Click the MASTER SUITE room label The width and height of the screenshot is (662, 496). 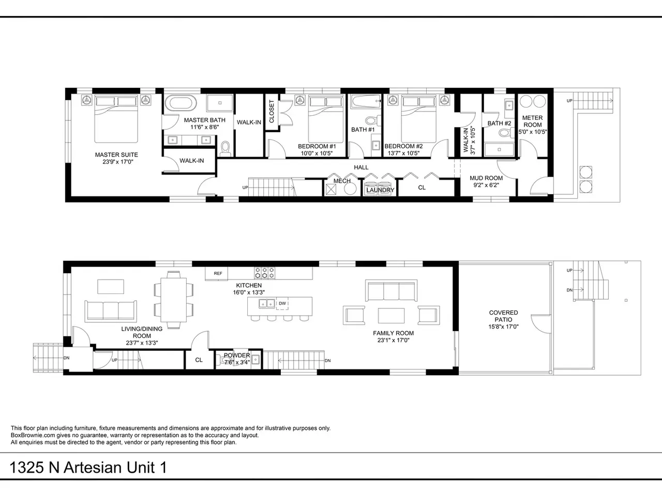(116, 155)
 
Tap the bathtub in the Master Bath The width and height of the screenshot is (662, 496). (180, 103)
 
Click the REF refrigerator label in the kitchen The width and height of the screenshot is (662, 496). (218, 273)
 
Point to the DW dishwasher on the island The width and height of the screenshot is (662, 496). (282, 303)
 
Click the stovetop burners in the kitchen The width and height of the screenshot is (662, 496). (264, 273)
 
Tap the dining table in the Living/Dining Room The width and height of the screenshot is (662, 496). (173, 300)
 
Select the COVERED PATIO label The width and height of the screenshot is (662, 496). (503, 316)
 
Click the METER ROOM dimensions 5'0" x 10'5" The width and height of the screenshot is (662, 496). (533, 132)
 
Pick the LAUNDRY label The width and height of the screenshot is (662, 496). (380, 190)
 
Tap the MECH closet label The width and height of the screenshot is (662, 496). (342, 181)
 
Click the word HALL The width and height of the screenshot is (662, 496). (361, 167)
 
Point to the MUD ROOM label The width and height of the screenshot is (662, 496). (486, 178)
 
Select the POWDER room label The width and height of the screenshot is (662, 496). (237, 355)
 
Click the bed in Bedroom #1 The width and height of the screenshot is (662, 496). (326, 119)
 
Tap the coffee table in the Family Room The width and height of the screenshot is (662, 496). (391, 315)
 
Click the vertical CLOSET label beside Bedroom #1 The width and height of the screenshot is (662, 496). (272, 112)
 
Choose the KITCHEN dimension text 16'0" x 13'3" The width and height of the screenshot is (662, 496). (249, 292)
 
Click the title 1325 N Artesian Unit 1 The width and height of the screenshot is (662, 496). (88, 468)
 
